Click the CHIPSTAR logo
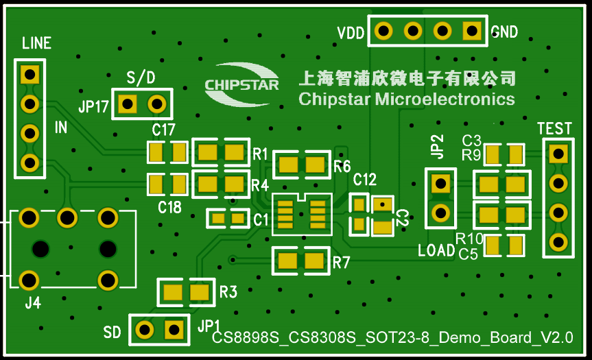(x=241, y=84)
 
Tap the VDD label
(x=350, y=33)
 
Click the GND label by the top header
(x=504, y=32)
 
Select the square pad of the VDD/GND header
(x=471, y=30)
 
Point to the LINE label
(x=36, y=44)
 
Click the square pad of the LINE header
(x=29, y=73)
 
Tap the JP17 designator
(x=93, y=107)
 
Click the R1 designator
(x=260, y=154)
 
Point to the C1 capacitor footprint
(x=228, y=219)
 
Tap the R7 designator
(x=342, y=262)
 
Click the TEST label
(x=554, y=129)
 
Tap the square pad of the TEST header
(x=558, y=153)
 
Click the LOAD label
(x=436, y=250)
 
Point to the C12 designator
(x=365, y=180)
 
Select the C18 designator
(x=169, y=206)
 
